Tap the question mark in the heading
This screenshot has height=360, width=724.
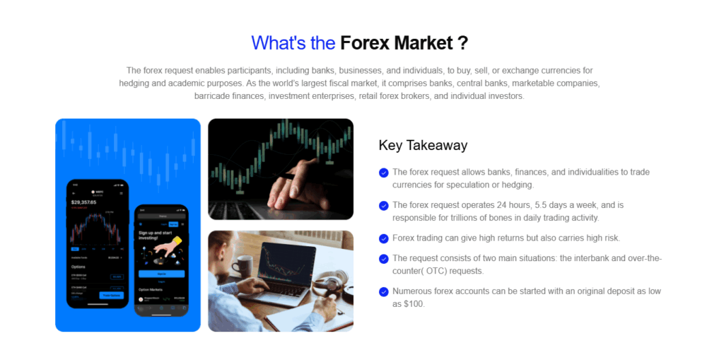tap(462, 43)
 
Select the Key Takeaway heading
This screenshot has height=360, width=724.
tap(423, 146)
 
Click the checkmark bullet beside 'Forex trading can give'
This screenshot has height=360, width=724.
tap(383, 238)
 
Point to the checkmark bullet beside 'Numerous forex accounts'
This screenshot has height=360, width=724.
tap(383, 291)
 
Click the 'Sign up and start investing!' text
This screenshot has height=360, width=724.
tap(158, 236)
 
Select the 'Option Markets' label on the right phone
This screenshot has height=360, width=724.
tap(151, 289)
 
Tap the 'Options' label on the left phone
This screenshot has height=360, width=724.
tap(80, 267)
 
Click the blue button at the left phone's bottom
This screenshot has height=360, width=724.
tap(112, 296)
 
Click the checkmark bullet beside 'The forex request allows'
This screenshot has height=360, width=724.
tap(383, 173)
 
